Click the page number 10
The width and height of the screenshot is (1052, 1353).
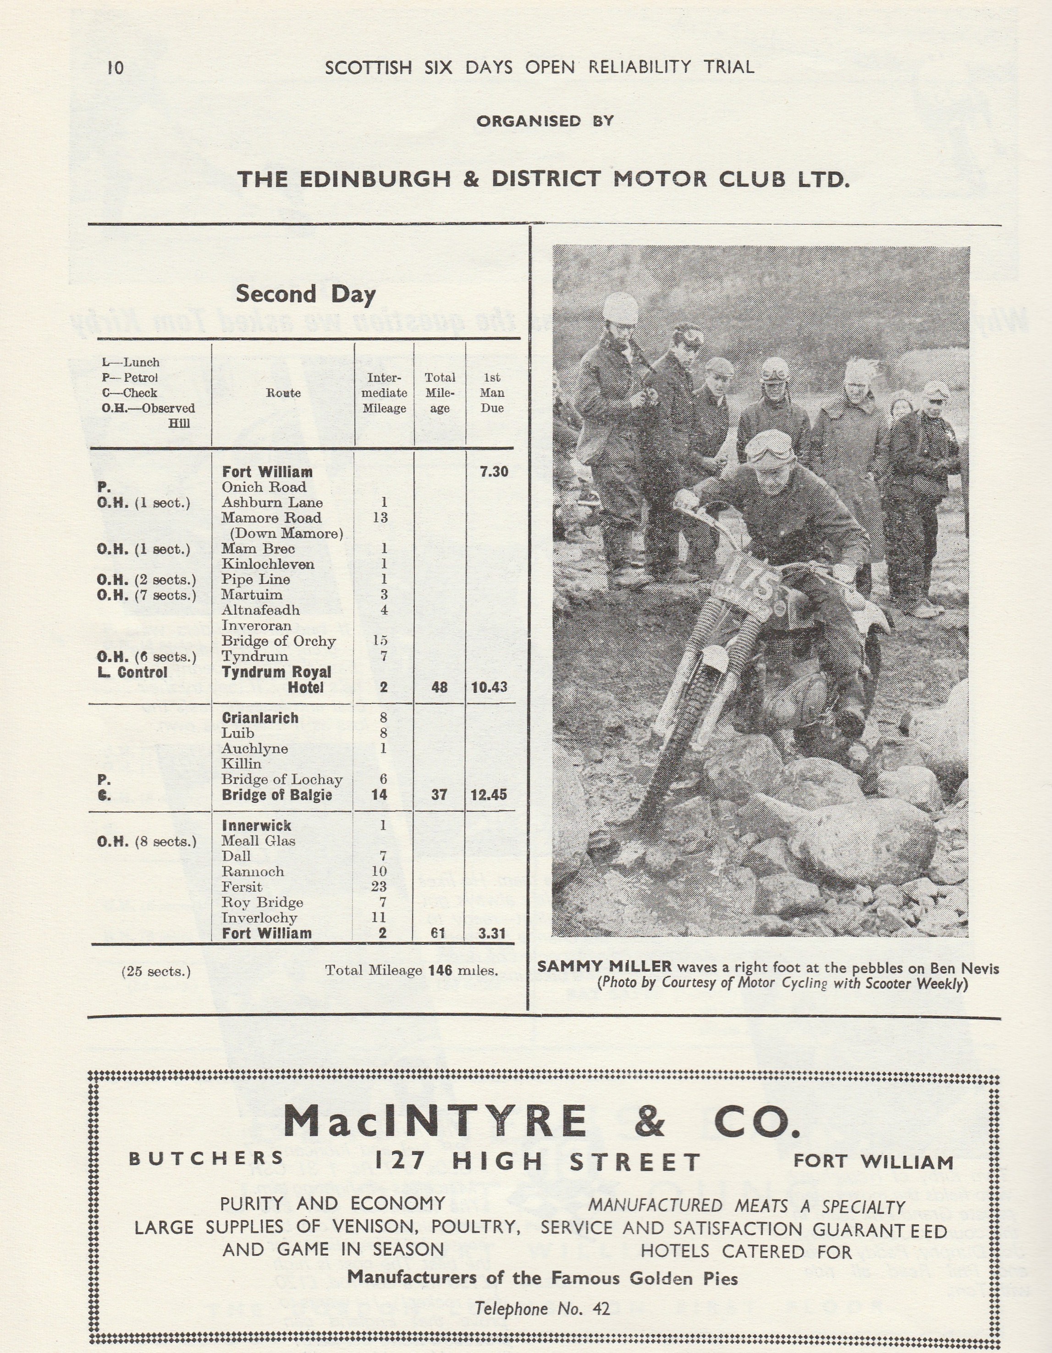click(x=115, y=67)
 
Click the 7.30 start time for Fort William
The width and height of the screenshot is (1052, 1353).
click(x=493, y=472)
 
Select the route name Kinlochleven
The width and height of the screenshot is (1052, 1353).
click(x=268, y=564)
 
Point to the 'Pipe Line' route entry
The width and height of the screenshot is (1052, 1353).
click(x=256, y=579)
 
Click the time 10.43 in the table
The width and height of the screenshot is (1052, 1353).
click(x=489, y=687)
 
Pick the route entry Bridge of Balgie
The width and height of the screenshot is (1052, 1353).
click(x=277, y=795)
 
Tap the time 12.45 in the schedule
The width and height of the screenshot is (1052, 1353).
click(x=489, y=795)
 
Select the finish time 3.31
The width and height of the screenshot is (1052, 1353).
click(x=492, y=933)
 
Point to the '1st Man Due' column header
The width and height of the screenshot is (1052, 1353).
click(x=492, y=393)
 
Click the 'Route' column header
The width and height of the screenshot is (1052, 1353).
click(x=283, y=393)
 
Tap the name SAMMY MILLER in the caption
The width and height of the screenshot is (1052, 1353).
click(x=604, y=967)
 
